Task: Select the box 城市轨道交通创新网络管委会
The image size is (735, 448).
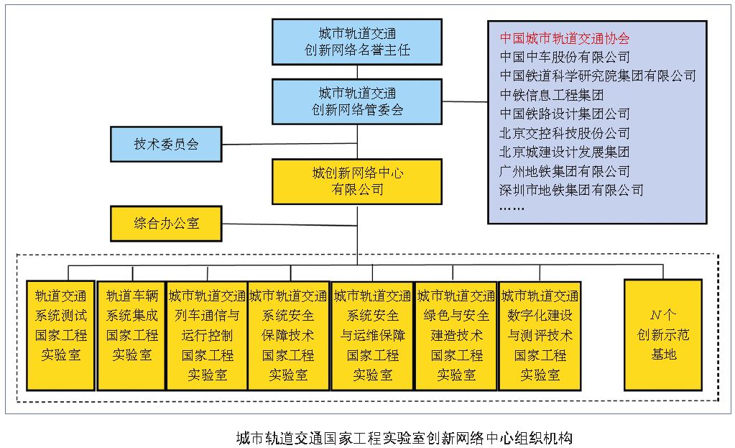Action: coord(357,101)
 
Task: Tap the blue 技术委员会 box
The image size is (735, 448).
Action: coord(166,144)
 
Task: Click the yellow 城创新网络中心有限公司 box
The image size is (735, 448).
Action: coord(357,181)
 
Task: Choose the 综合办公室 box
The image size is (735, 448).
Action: coord(166,224)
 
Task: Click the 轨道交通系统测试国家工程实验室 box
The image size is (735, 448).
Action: coord(60,335)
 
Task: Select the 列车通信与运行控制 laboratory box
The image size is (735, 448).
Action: coord(207,335)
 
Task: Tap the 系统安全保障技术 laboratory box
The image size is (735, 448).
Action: coord(288,335)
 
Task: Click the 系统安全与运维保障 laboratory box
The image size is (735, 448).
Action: coord(372,335)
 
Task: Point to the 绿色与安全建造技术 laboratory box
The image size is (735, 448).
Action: coord(456,335)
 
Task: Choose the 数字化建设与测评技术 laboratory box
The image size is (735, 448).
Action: coord(540,335)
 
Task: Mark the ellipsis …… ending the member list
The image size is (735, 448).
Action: coord(512,209)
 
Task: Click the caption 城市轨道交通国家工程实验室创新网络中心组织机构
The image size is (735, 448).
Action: coord(404,436)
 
